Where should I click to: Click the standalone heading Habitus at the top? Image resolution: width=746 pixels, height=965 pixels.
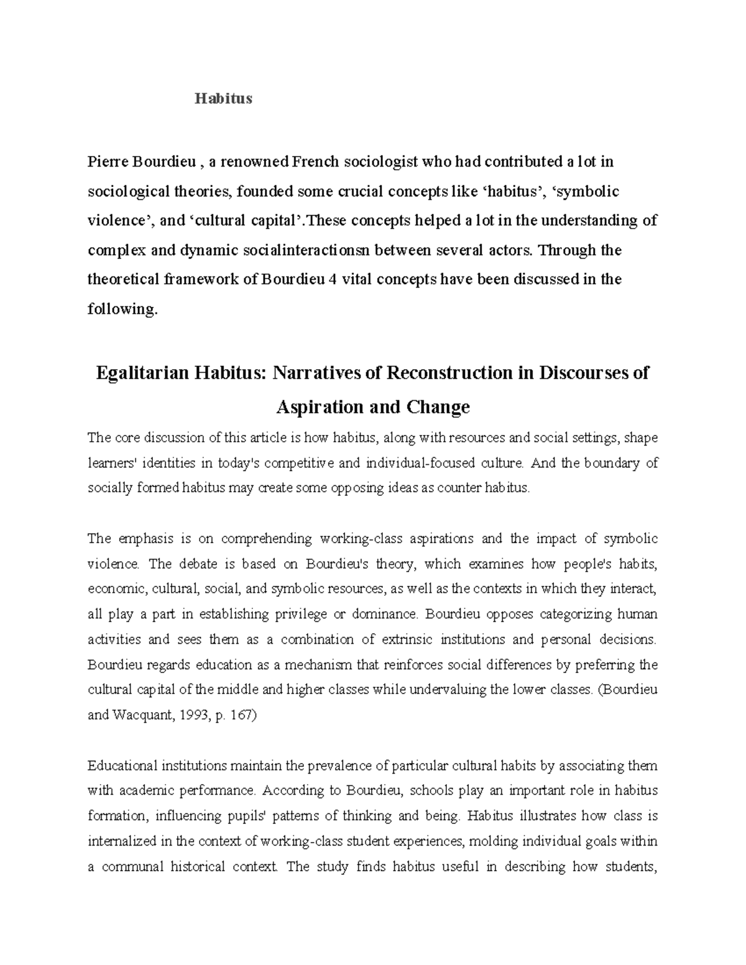coord(224,99)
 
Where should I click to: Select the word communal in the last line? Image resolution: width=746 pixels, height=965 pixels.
coord(132,867)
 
